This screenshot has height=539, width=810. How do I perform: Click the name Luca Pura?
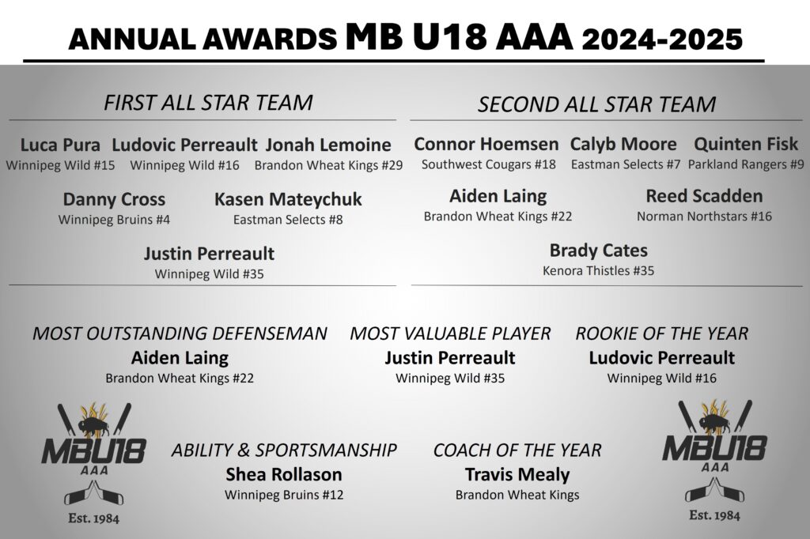[60, 145]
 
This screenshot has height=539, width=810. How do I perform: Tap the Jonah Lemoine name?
[328, 145]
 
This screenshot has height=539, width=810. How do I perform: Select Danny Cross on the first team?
[114, 199]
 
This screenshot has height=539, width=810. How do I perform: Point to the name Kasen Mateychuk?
[288, 200]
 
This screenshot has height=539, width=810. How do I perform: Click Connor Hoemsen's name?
[486, 144]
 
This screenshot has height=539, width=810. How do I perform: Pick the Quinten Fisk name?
[745, 144]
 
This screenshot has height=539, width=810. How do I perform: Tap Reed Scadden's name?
[704, 196]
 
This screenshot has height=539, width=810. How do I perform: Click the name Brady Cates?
[598, 251]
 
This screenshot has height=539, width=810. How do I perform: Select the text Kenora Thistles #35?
[598, 270]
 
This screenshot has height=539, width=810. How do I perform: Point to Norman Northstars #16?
[704, 217]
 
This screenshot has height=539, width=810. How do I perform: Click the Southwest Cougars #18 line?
[488, 164]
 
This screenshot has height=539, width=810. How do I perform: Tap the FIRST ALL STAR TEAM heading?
[208, 102]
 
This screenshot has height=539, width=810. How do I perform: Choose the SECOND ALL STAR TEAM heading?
[596, 104]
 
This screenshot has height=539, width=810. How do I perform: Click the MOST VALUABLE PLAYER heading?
[450, 334]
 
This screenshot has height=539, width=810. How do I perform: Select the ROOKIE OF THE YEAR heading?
[662, 334]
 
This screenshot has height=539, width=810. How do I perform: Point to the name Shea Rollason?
[284, 474]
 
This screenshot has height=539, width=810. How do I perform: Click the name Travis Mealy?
[517, 475]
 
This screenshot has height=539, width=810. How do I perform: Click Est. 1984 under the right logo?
[714, 515]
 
